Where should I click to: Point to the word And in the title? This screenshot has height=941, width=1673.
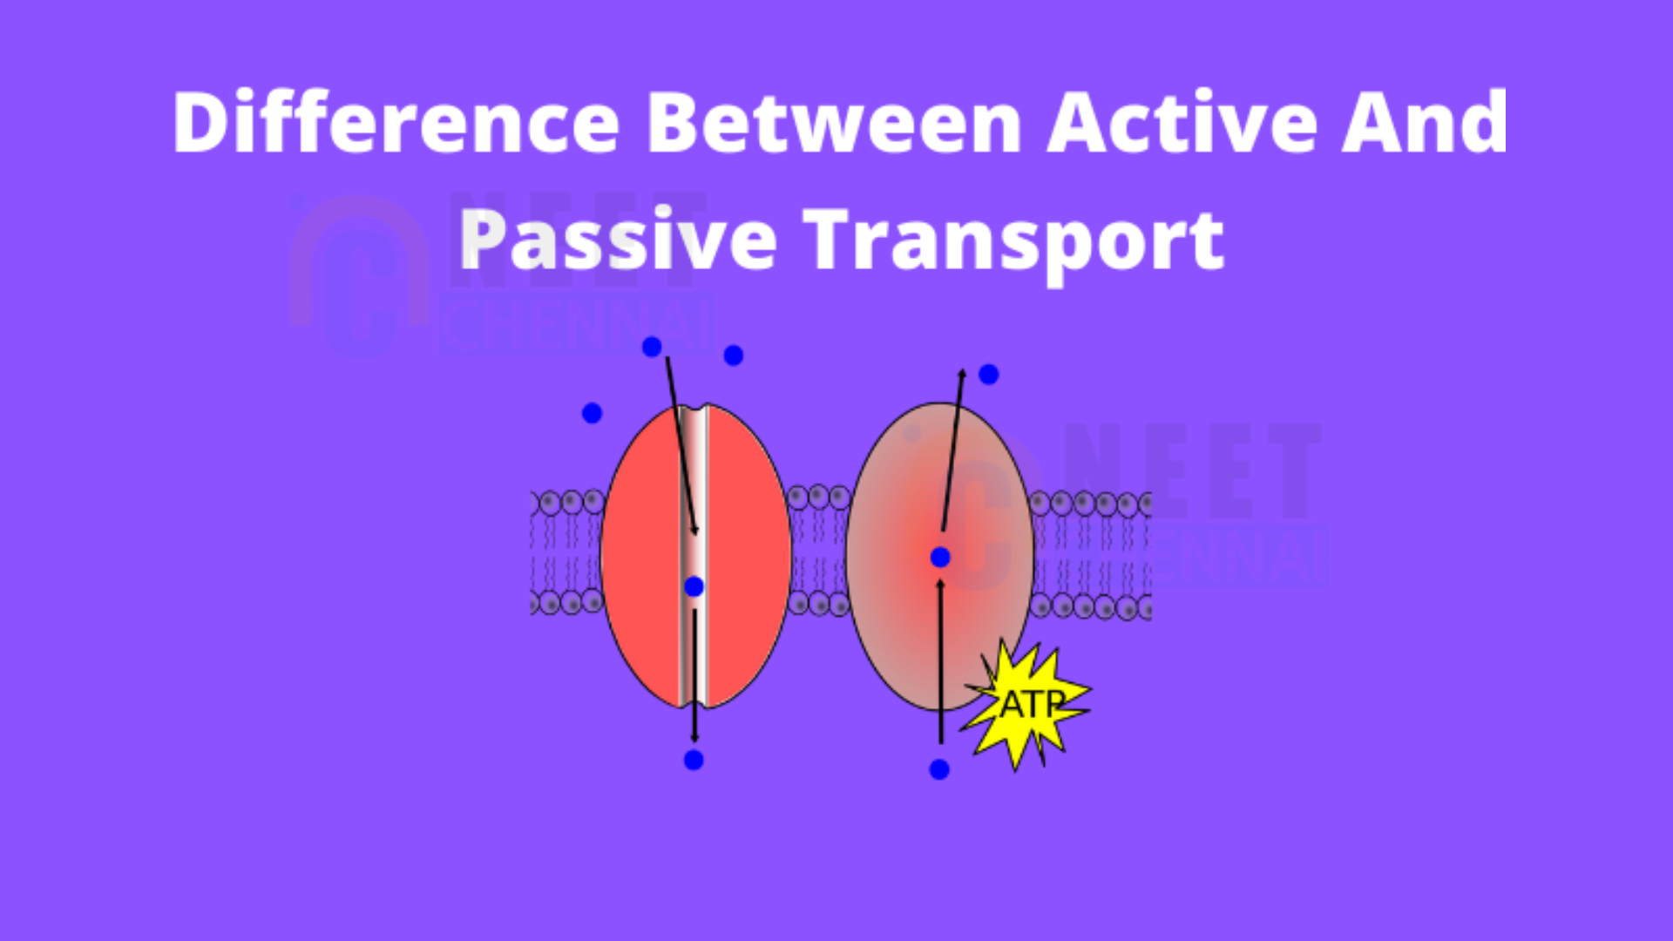coord(1424,122)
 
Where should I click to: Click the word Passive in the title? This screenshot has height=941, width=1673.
coord(618,239)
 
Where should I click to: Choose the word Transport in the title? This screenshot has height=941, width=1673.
coord(1013,240)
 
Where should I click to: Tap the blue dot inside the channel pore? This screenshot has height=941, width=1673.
coord(694,586)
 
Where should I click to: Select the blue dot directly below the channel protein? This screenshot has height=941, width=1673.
coord(694,760)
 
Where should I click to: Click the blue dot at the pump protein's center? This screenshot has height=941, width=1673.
coord(940,557)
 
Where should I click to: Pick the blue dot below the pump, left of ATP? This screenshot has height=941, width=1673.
coord(939,769)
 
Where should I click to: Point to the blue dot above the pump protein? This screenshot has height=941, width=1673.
coord(988,375)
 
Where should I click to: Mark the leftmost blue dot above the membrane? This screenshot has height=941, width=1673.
coord(592,413)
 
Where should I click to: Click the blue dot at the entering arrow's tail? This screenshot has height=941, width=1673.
coord(652,347)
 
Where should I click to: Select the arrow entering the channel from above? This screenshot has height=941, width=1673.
coord(681,446)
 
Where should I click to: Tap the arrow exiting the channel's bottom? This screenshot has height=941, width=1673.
coord(694,676)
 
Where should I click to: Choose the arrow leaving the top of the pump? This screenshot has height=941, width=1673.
coord(953,450)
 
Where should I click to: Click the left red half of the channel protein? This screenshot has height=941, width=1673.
coord(641,556)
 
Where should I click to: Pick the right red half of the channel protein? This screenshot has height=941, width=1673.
coord(748,556)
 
